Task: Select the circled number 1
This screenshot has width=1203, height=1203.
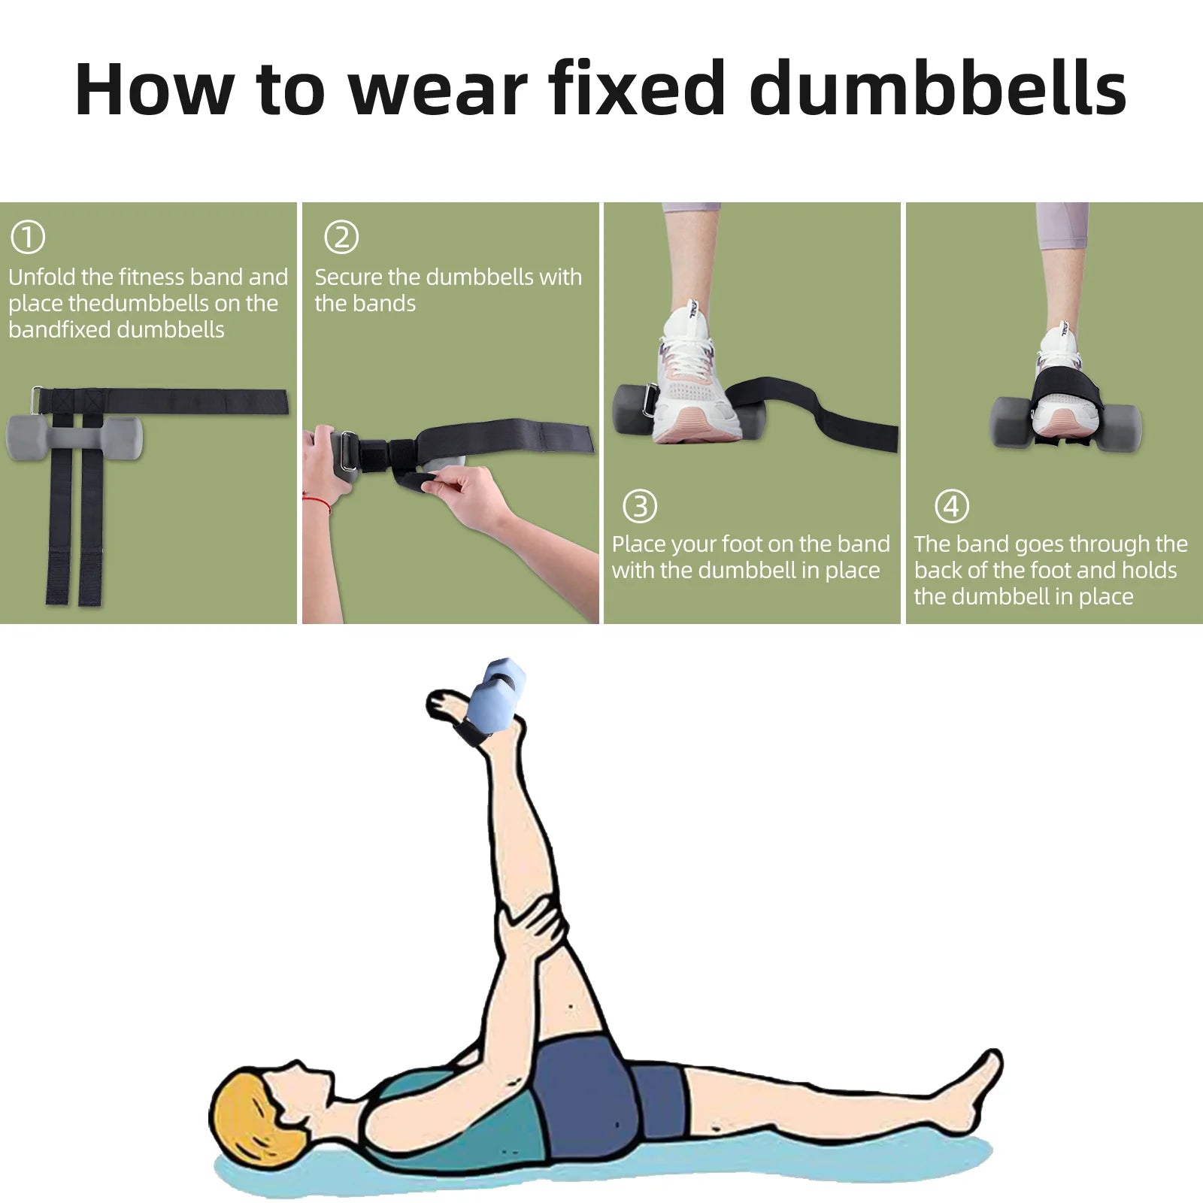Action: [x=28, y=237]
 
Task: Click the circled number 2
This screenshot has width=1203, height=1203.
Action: [x=341, y=237]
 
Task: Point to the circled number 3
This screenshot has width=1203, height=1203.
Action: [x=640, y=506]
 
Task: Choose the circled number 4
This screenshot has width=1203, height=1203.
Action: [x=951, y=506]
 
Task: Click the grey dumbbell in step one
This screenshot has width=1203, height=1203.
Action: [x=74, y=438]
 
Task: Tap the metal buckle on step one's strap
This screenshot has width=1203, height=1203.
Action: [x=36, y=400]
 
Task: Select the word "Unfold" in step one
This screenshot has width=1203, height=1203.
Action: [x=42, y=277]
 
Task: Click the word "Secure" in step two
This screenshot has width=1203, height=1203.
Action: [x=348, y=277]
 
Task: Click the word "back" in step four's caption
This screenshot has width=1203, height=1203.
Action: [x=938, y=570]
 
